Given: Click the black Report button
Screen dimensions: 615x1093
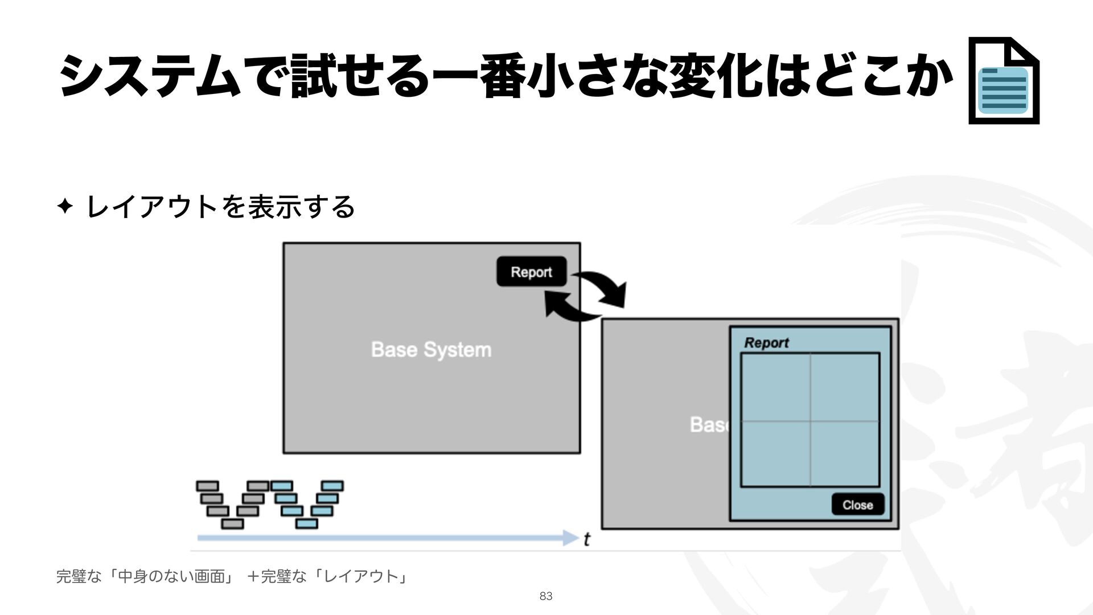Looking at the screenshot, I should coord(531,272).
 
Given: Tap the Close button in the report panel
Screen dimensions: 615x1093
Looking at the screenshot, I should coord(857,505).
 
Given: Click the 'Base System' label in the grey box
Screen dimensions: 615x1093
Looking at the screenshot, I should coord(431,349).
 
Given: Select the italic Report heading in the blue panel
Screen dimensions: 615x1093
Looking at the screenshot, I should coord(766,343).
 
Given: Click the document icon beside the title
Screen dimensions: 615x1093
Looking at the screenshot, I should coord(1004,80).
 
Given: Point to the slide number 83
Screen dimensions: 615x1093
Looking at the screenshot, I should coord(546,596).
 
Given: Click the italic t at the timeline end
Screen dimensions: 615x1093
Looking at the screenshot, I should coord(587,539).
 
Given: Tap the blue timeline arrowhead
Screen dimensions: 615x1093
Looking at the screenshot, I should coord(570,538).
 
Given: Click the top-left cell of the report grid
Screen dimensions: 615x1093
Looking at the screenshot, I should coord(775,387).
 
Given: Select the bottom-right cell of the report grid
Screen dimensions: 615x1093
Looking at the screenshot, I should coord(845,454).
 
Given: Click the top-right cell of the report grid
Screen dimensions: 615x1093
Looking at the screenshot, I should coord(845,387).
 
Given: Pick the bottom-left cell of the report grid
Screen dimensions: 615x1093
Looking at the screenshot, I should coord(775,454).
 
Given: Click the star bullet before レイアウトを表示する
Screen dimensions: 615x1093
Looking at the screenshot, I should coord(64,206).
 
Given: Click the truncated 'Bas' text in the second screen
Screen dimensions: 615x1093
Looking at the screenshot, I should coord(708,425).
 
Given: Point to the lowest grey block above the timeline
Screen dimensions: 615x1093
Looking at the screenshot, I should coord(232,523).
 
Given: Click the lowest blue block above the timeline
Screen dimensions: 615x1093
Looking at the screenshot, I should coord(307,523).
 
